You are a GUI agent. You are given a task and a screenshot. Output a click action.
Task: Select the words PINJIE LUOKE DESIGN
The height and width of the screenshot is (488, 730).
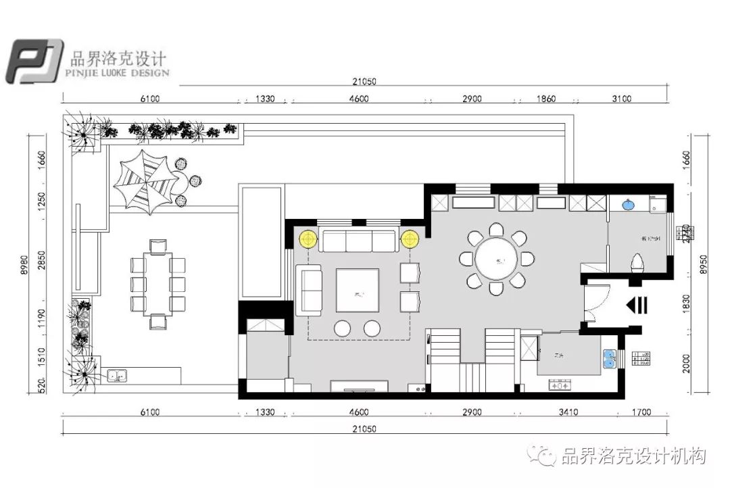click(x=118, y=72)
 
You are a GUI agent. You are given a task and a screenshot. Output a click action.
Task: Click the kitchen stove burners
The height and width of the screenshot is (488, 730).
click(x=561, y=386)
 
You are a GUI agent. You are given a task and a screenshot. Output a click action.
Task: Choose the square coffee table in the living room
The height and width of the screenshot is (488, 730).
click(x=358, y=290)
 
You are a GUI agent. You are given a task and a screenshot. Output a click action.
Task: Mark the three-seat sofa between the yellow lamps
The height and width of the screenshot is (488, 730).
click(x=358, y=241)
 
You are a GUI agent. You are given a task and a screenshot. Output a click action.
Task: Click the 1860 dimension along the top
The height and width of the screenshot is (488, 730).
click(x=545, y=99)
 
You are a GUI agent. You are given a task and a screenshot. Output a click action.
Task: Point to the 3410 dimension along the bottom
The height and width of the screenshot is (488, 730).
click(x=568, y=412)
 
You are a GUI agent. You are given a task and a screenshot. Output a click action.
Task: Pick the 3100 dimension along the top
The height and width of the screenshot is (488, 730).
click(x=620, y=99)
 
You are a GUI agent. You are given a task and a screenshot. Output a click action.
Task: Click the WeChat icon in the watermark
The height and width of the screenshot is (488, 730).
click(x=542, y=457)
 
